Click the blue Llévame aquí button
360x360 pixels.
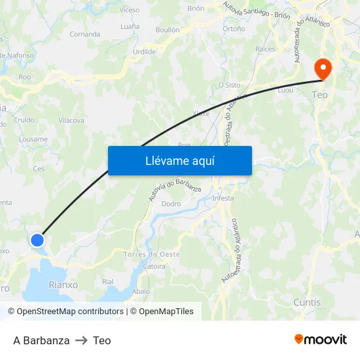(x=179, y=160)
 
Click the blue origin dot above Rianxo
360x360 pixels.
(x=37, y=240)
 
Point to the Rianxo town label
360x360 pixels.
(x=63, y=285)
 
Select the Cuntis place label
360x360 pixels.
(x=307, y=302)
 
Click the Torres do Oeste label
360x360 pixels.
(x=151, y=254)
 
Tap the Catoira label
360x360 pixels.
(x=154, y=266)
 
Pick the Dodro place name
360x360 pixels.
(x=171, y=204)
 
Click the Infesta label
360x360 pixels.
(x=223, y=198)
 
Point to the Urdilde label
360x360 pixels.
(x=144, y=51)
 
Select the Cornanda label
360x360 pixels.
(x=85, y=34)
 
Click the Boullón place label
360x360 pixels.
(x=168, y=30)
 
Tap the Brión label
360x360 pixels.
(x=196, y=9)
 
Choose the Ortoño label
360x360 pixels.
(x=234, y=29)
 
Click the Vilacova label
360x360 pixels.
(x=71, y=120)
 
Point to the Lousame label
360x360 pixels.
(x=33, y=139)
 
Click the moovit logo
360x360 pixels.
(x=320, y=340)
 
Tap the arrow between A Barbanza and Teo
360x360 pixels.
(x=81, y=340)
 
